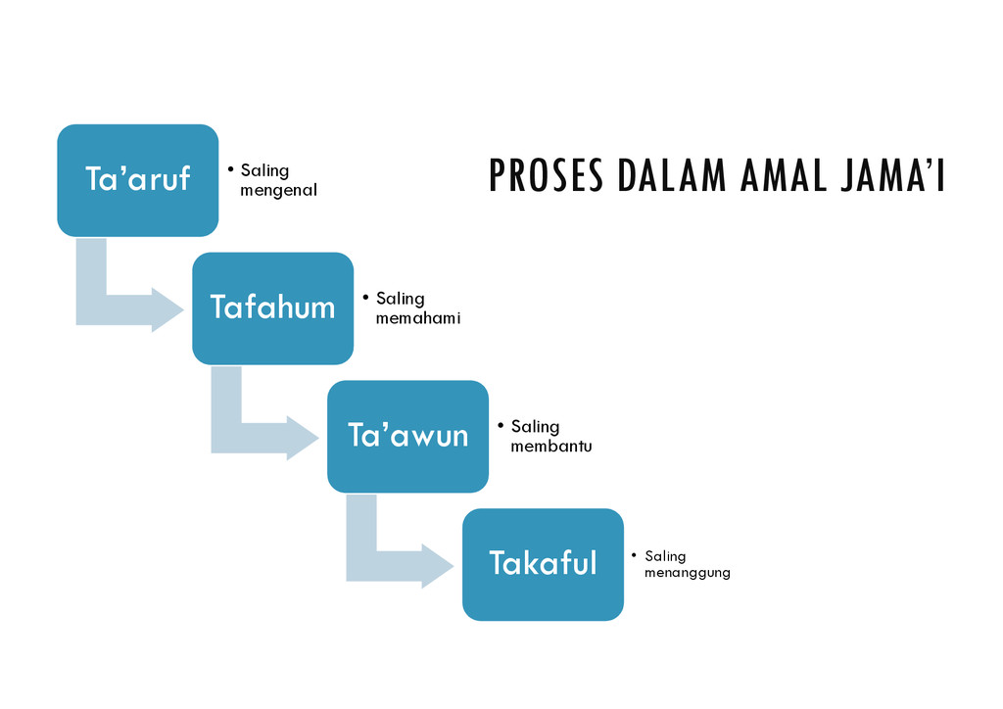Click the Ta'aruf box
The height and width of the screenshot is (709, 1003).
pos(137,180)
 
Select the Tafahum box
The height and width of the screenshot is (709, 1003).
pos(272,308)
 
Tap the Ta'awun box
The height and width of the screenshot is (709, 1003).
pos(407,436)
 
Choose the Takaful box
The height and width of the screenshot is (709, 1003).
pos(543,564)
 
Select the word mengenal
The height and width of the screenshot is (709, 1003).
pos(278,191)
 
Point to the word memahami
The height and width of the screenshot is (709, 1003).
pos(417,319)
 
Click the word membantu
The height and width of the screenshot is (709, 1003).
pos(550,447)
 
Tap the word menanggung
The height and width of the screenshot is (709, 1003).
pos(687,573)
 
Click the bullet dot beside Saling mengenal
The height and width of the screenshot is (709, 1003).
pos(230,169)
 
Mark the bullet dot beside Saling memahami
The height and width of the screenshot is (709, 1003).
pos(365,297)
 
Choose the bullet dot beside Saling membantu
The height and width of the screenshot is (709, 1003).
pos(501,425)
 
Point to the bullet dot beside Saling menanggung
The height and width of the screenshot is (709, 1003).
pos(635,555)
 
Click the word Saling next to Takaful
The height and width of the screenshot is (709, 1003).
pos(665,556)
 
